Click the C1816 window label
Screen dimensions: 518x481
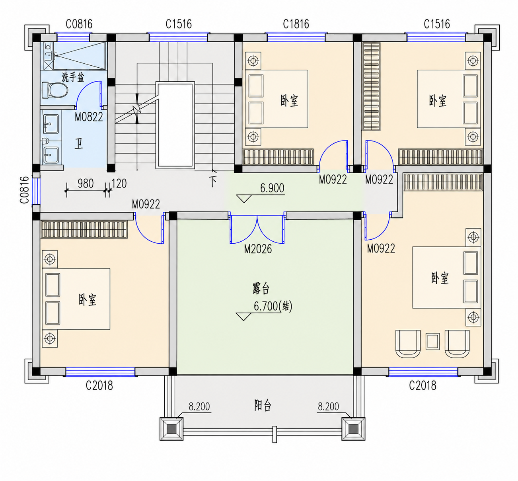coord(296,24)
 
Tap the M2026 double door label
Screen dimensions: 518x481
coord(258,249)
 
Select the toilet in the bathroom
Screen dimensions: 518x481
coord(55,90)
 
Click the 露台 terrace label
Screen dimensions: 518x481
coord(261,288)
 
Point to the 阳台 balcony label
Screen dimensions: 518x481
coord(263,405)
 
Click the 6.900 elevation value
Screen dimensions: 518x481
coord(272,188)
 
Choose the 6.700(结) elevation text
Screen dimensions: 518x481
coord(273,306)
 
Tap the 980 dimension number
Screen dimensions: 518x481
coord(86,184)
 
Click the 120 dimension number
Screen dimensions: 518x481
coord(119,184)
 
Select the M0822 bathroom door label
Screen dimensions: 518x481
coord(89,117)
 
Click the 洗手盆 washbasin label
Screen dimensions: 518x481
coord(73,77)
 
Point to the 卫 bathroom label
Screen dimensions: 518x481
coord(79,144)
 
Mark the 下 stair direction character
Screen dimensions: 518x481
coord(213,181)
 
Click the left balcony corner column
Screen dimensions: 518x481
coord(171,429)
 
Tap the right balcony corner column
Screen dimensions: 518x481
coord(353,429)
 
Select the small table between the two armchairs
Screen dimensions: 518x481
coord(433,341)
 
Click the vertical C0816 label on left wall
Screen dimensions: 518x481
coord(24,190)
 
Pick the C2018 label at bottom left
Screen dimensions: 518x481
coord(99,385)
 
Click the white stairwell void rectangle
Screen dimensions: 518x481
coord(175,125)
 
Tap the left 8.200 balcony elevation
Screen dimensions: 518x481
coord(199,407)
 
